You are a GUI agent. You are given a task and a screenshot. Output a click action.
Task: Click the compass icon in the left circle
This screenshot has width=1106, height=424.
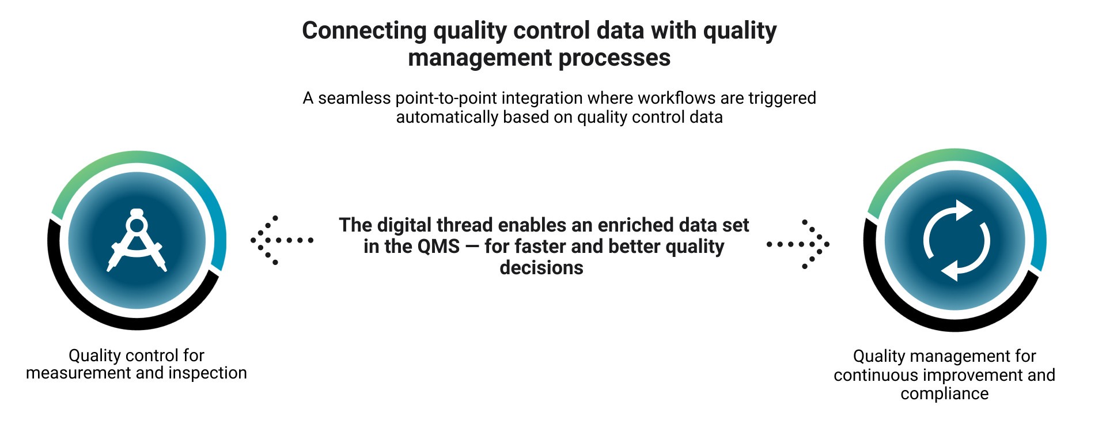click(137, 240)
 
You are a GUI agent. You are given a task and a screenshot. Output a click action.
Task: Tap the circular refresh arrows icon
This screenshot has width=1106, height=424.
click(956, 240)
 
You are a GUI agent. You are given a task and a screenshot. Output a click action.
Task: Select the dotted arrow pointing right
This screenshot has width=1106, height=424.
click(798, 244)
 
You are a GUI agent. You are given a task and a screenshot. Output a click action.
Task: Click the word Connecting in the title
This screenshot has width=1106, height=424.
click(364, 31)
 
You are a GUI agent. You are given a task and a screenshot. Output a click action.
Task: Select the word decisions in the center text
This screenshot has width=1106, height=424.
click(541, 268)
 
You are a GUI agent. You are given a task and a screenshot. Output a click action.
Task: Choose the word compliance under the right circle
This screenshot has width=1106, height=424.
click(945, 395)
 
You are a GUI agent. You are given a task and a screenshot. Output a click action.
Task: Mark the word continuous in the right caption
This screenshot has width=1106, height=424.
click(876, 376)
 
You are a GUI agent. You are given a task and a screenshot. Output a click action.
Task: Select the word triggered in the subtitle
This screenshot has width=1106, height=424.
click(782, 99)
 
